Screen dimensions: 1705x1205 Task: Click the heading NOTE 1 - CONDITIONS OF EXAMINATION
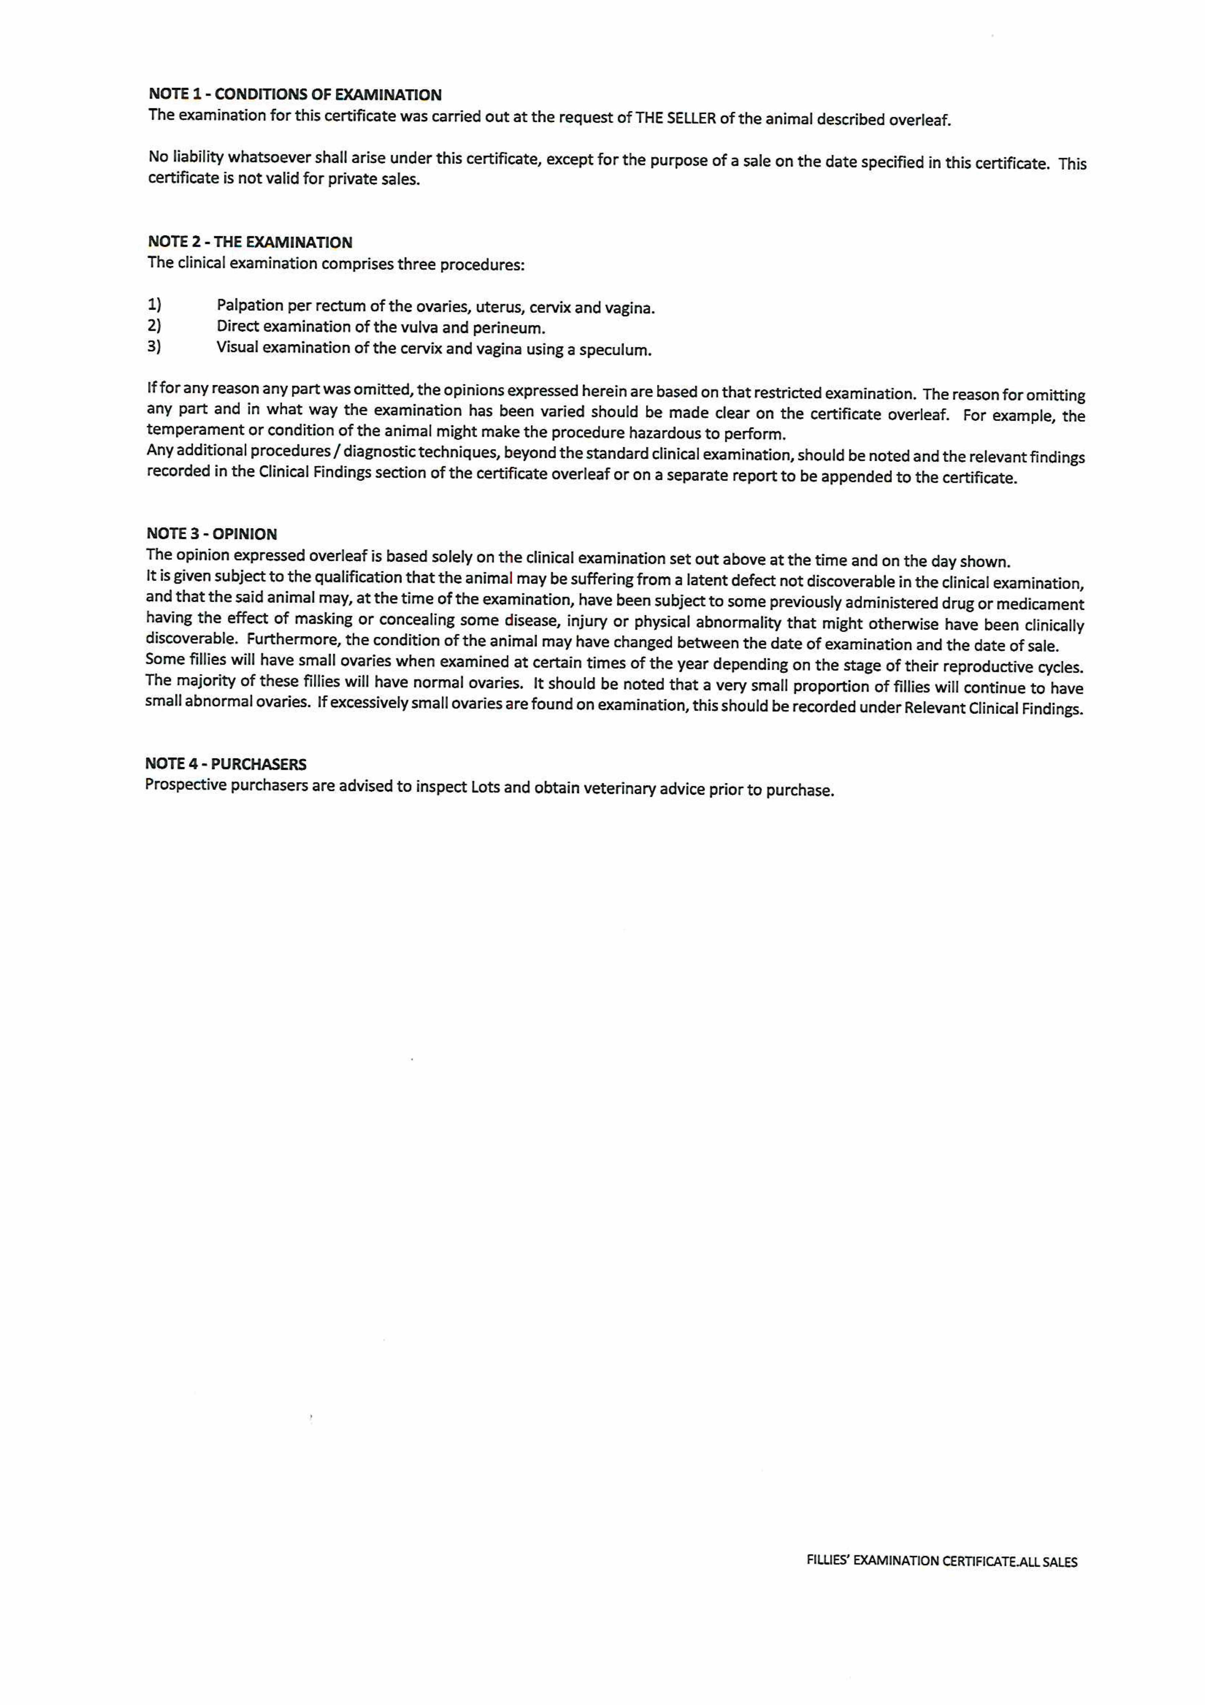[295, 94]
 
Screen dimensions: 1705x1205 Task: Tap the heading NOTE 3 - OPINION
[212, 534]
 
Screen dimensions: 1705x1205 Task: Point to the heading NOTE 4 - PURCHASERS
[226, 764]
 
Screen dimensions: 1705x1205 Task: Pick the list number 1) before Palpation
[154, 305]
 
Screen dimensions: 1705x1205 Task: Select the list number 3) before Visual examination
[154, 347]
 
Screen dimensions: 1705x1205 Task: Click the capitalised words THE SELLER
[676, 119]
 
